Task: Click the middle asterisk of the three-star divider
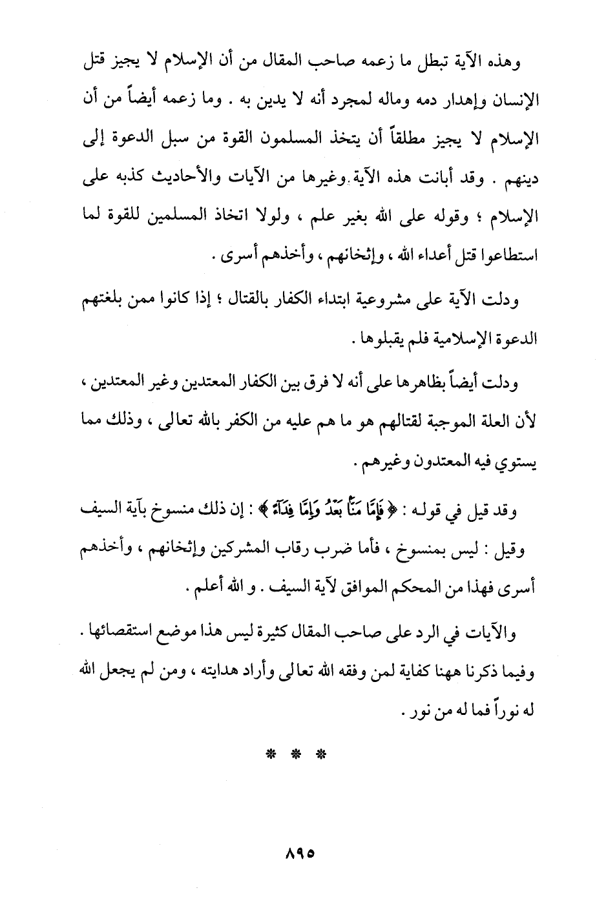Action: coord(295,754)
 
